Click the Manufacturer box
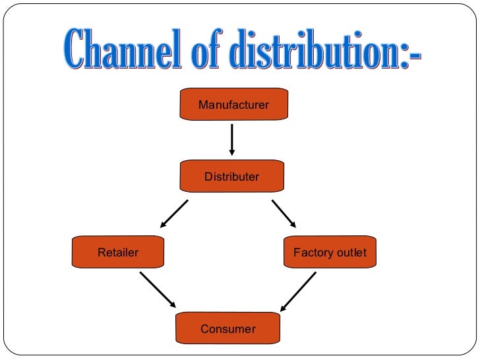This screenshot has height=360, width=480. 233,104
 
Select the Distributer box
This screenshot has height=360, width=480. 231,177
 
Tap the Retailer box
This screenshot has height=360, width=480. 118,253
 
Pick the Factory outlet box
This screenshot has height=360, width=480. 330,253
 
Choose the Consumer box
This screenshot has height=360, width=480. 228,328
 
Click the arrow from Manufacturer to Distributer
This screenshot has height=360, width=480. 232,140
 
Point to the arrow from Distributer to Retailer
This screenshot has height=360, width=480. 173,214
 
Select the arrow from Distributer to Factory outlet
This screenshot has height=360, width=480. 284,214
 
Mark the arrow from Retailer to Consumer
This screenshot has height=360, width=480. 158,289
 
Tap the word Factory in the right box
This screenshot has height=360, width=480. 313,253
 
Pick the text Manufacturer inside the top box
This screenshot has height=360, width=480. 233,104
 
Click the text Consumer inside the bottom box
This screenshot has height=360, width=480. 228,328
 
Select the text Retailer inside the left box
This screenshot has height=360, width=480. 118,253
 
